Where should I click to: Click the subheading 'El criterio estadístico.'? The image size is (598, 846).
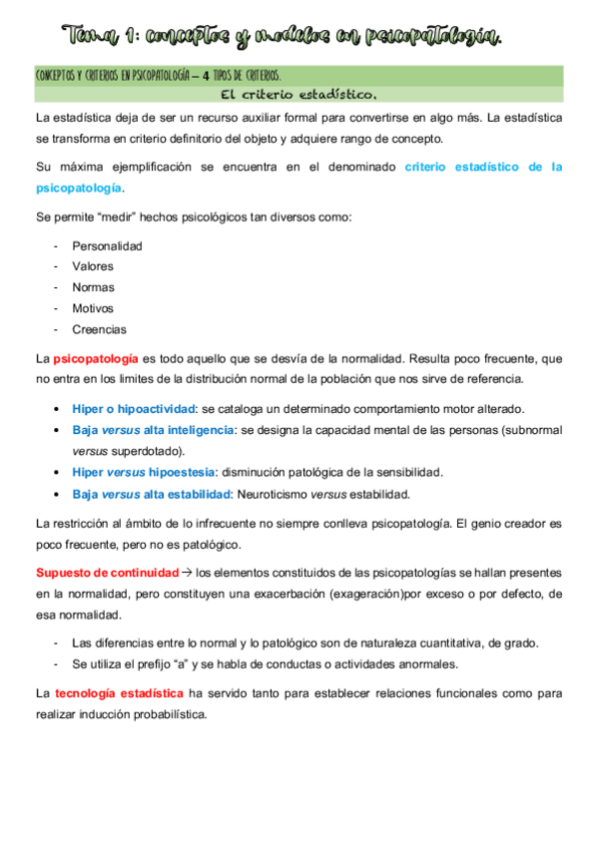pyautogui.click(x=299, y=96)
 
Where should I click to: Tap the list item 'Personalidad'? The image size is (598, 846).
pyautogui.click(x=107, y=245)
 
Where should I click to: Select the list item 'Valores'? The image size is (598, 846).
pyautogui.click(x=93, y=266)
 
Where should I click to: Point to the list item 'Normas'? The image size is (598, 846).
pyautogui.click(x=93, y=287)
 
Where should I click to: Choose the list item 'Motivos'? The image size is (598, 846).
pyautogui.click(x=93, y=308)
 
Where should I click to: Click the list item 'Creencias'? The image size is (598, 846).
pyautogui.click(x=99, y=329)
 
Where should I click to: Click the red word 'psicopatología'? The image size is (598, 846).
pyautogui.click(x=97, y=358)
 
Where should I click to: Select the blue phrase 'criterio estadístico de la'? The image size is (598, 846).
pyautogui.click(x=483, y=167)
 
